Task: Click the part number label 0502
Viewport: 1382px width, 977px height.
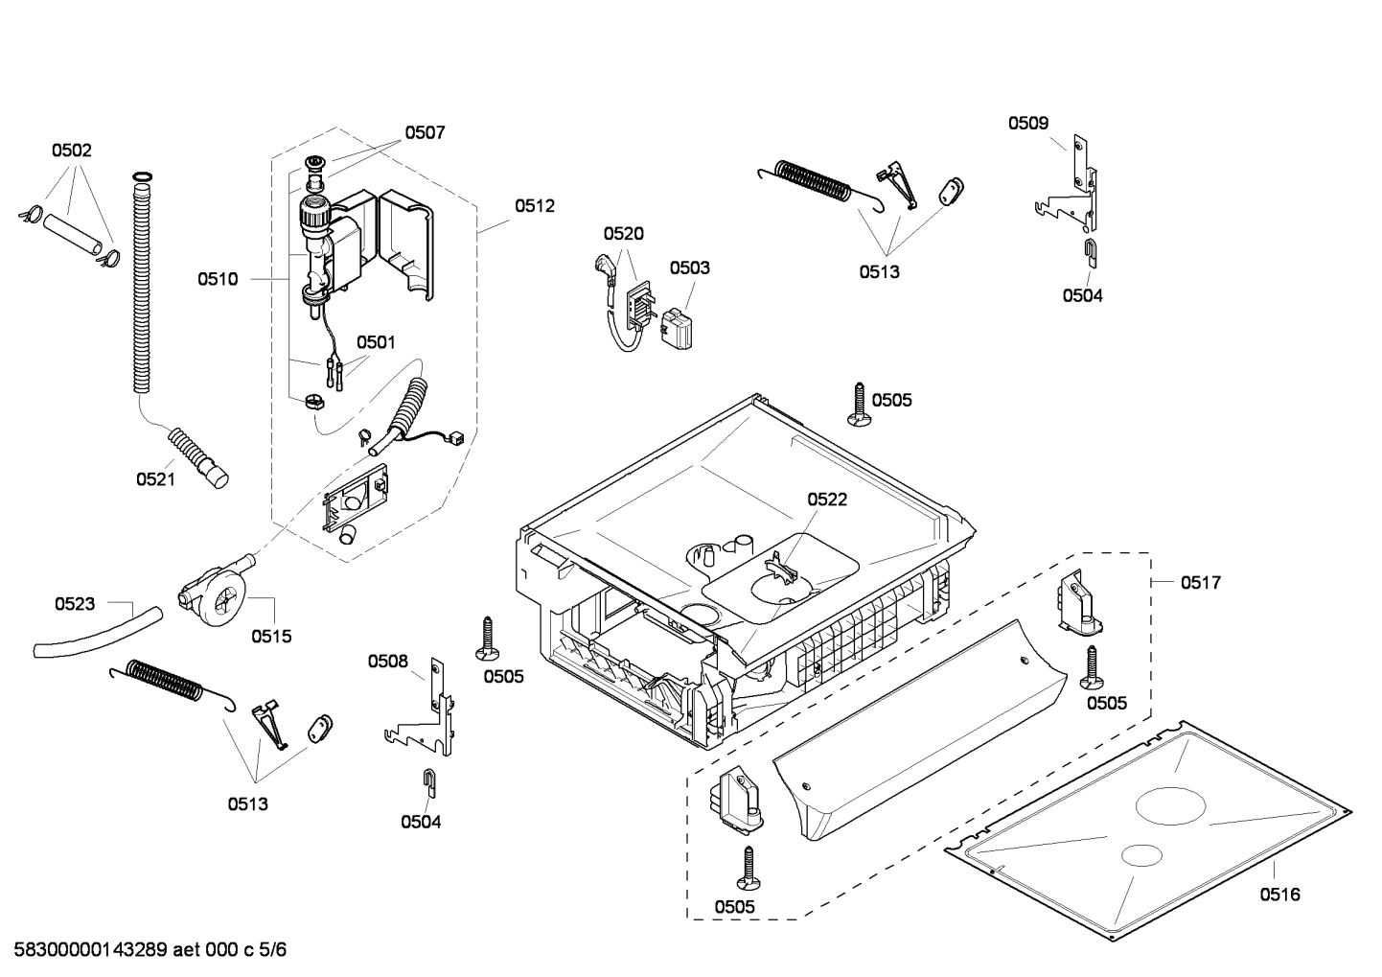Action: (x=71, y=151)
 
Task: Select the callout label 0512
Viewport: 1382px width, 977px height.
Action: (x=534, y=206)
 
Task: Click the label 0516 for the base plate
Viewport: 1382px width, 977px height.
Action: (x=1279, y=895)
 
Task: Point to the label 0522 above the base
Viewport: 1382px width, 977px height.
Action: (x=826, y=500)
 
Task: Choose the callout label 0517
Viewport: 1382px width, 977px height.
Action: (x=1200, y=582)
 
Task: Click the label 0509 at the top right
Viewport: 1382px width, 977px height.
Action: (x=1027, y=123)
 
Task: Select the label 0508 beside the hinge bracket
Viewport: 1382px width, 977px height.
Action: (x=388, y=661)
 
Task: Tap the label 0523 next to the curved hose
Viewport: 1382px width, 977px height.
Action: (x=75, y=604)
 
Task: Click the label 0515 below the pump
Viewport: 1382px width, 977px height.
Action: (x=271, y=637)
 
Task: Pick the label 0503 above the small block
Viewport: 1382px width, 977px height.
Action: (x=689, y=268)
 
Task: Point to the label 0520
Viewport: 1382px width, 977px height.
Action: (x=623, y=234)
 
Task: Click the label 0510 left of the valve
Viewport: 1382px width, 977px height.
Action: (x=218, y=279)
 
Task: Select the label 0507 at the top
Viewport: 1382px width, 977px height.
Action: (x=425, y=133)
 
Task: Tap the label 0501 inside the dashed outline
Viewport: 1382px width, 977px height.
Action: (x=376, y=342)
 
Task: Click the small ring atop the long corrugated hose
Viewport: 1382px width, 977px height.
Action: (x=141, y=176)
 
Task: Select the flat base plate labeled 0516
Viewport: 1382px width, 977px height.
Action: (x=1150, y=815)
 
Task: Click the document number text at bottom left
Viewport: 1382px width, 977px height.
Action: (x=150, y=950)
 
